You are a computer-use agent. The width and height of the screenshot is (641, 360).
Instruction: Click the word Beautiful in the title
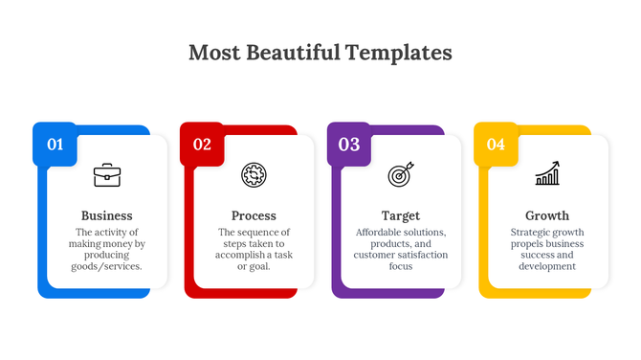point(287,53)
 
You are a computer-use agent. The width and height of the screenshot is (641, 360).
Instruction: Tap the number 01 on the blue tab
point(55,145)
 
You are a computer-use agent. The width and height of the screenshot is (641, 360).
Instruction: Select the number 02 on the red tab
point(202,145)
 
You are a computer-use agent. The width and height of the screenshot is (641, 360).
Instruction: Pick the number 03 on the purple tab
point(349,145)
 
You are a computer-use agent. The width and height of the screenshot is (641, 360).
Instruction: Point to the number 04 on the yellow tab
point(496,145)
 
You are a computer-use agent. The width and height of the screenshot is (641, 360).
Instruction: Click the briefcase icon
point(106,175)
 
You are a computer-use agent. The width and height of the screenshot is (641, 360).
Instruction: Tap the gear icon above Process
point(254,175)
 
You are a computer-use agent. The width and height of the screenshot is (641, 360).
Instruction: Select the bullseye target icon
point(400,175)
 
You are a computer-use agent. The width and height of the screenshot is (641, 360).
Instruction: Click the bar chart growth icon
point(547,174)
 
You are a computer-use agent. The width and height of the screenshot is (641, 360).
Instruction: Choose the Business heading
point(107,215)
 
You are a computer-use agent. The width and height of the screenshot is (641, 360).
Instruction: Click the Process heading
point(254,215)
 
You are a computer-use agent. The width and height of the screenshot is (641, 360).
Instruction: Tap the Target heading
point(400,215)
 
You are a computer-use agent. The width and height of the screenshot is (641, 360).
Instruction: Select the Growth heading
point(547,215)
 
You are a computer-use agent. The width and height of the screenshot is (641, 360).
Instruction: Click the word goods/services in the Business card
point(107,266)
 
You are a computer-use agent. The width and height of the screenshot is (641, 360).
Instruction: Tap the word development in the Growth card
point(547,266)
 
